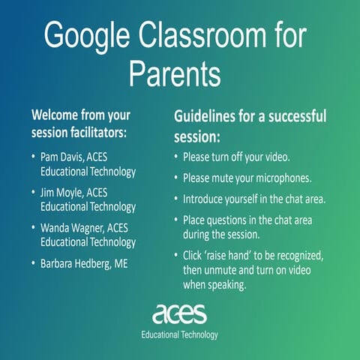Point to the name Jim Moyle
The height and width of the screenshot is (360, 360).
[x=61, y=193]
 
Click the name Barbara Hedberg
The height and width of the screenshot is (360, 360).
[x=81, y=263]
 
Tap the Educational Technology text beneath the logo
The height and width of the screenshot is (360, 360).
[x=179, y=334]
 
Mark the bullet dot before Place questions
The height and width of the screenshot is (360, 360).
[x=175, y=220]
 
